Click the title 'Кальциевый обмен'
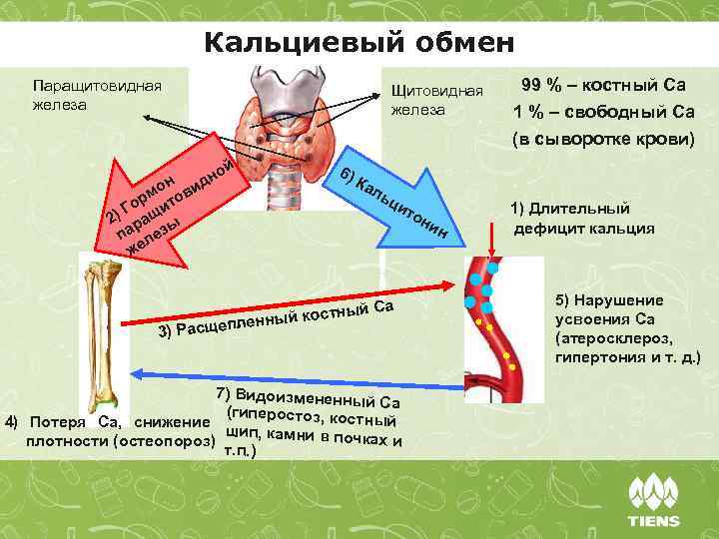pos(359,44)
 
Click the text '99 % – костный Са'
pos(602,86)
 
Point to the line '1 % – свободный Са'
pos(602,112)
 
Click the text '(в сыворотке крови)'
pos(602,138)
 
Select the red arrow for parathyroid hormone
pos(170,205)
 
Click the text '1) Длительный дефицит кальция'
pos(583,218)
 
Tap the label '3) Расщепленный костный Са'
pos(276,315)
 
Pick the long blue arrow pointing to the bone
pos(300,373)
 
